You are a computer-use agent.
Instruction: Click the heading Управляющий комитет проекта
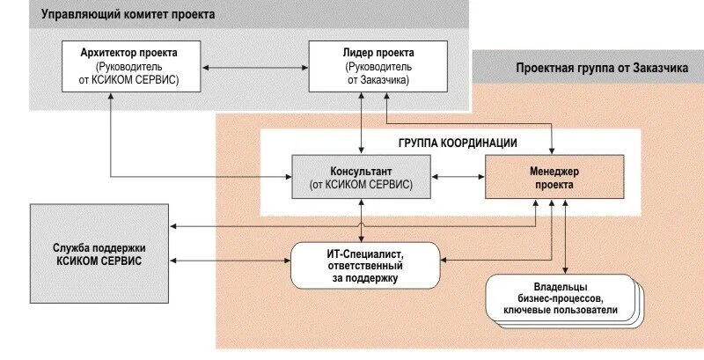pos(128,15)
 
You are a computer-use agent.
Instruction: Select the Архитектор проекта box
pos(122,65)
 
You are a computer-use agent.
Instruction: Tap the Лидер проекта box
pos(364,65)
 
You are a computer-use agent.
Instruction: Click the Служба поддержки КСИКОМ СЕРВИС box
pos(99,253)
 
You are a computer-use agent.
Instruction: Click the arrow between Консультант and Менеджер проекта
pos(458,177)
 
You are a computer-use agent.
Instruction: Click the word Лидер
pos(345,52)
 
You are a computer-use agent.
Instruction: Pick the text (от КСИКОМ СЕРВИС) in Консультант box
pos(361,184)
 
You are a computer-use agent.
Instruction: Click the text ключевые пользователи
pos(560,310)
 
